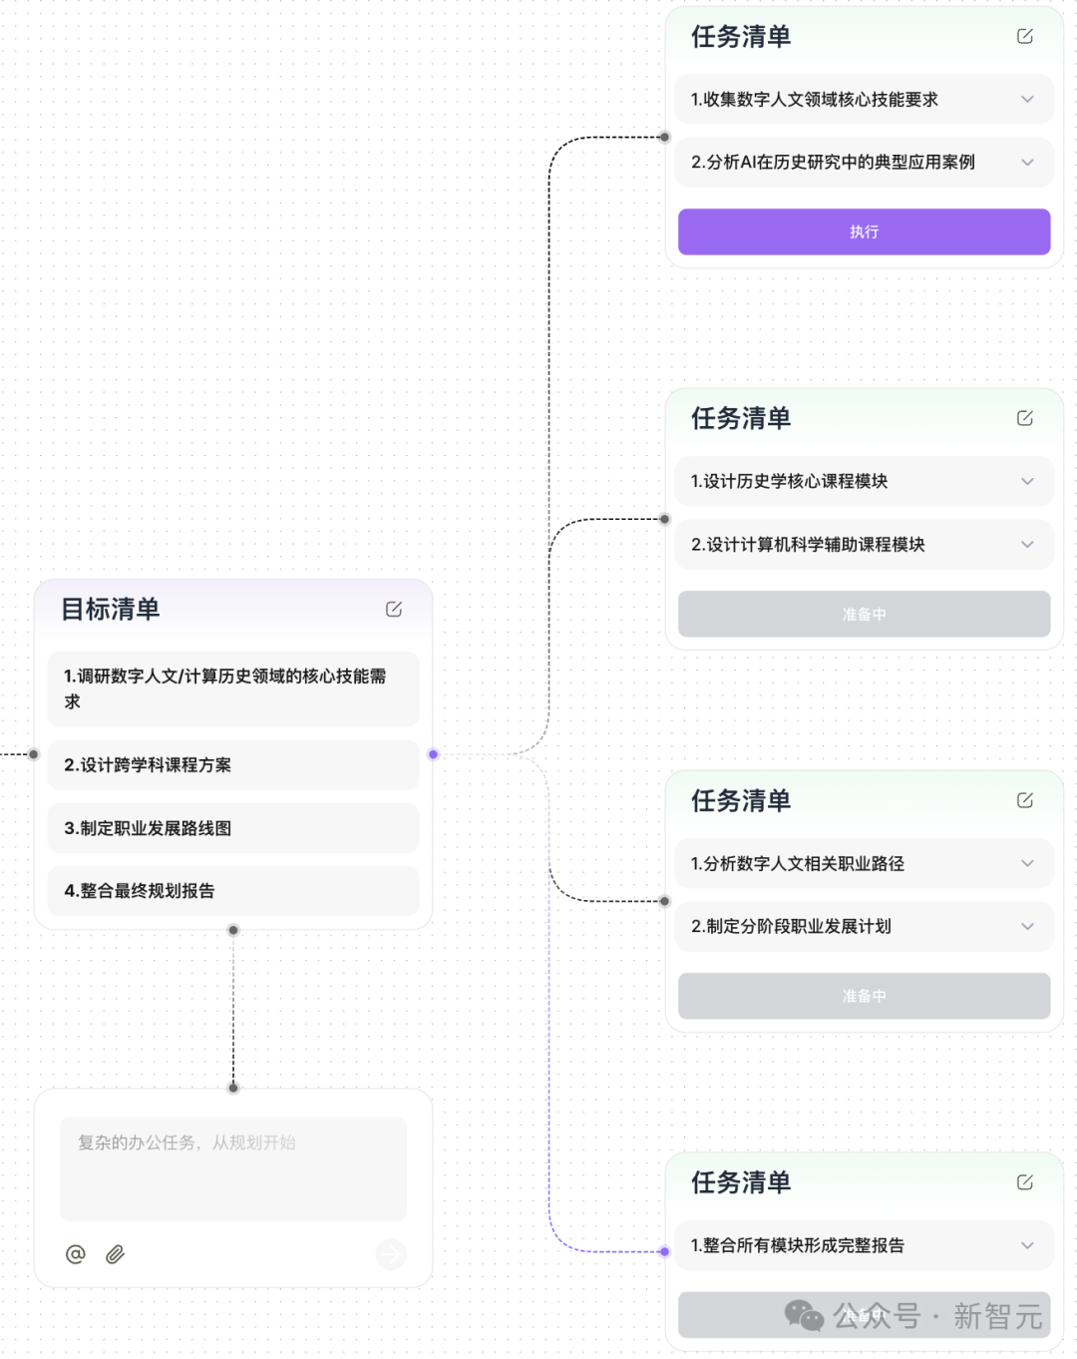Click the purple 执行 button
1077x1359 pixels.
click(864, 231)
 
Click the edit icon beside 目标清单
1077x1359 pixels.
click(394, 609)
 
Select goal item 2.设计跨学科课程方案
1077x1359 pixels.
click(233, 765)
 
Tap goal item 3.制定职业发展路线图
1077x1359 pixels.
click(233, 828)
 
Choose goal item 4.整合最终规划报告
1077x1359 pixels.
click(233, 891)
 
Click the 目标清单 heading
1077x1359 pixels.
click(111, 609)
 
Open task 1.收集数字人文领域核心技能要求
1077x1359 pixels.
click(814, 100)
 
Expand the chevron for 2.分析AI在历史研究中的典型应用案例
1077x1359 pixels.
click(1027, 163)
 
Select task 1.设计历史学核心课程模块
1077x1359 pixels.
click(789, 482)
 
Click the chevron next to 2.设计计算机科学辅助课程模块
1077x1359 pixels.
click(1027, 545)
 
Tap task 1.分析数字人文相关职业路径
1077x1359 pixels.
click(797, 864)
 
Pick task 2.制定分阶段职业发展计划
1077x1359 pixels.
click(791, 927)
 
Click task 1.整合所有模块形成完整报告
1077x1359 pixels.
click(797, 1245)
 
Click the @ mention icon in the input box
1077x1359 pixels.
click(76, 1254)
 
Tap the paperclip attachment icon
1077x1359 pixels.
click(116, 1254)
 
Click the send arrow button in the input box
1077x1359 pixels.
click(391, 1254)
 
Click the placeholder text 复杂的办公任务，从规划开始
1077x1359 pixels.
click(186, 1142)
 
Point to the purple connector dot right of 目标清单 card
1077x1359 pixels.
click(433, 754)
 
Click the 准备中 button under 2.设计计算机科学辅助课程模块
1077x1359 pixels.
click(864, 615)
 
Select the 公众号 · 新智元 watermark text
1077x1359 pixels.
click(937, 1316)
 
